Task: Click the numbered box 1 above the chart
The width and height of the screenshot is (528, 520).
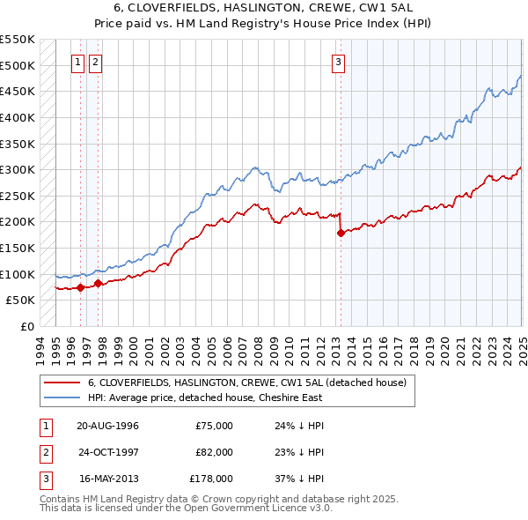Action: click(78, 62)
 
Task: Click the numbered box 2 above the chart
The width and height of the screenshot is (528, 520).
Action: click(95, 62)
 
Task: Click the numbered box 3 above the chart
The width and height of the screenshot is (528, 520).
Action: click(338, 62)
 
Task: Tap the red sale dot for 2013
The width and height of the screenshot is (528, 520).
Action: click(341, 234)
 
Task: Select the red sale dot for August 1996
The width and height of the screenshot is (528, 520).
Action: click(80, 287)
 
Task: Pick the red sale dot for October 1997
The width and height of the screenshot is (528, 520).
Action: click(98, 283)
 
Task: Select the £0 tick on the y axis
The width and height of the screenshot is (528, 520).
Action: click(26, 326)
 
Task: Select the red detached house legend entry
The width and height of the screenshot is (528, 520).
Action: click(246, 383)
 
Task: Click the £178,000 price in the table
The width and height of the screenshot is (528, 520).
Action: click(212, 479)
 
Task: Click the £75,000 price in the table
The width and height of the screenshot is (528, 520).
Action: click(214, 425)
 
